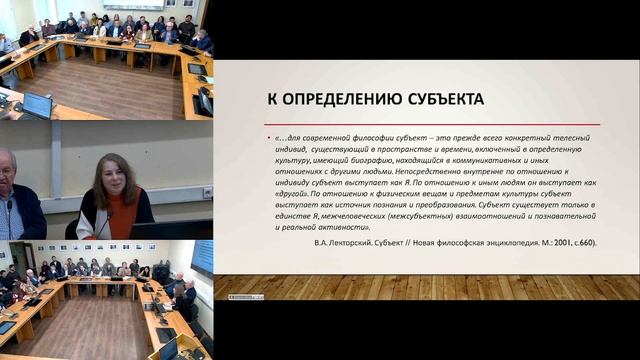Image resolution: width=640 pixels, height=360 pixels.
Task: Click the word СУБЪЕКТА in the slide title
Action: tap(436, 99)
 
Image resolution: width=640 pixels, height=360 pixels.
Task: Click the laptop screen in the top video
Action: tap(37, 103)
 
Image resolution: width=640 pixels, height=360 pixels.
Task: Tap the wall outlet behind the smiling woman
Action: tap(207, 192)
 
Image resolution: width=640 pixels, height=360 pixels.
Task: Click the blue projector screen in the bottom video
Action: tap(203, 257)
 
